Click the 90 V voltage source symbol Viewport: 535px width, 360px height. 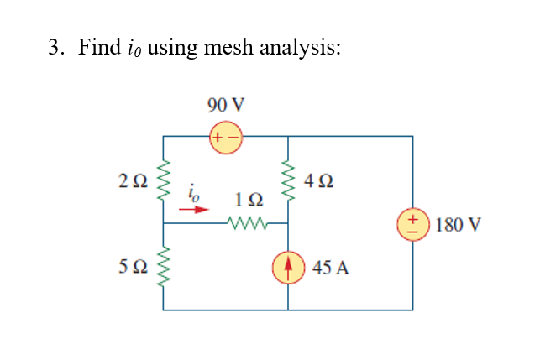coord(226,136)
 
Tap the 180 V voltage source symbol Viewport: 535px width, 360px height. coord(412,225)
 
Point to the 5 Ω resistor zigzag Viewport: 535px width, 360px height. coord(163,267)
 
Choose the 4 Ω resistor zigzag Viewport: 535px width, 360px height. coord(287,179)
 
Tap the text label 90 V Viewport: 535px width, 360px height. coord(226,105)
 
